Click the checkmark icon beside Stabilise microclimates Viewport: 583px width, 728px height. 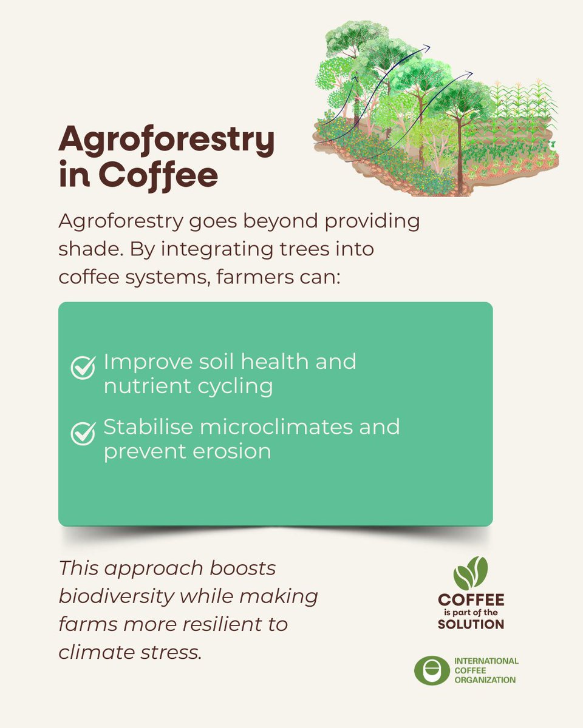(x=83, y=433)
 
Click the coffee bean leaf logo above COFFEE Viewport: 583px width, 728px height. (x=471, y=573)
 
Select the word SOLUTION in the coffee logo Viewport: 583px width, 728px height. (x=471, y=624)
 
